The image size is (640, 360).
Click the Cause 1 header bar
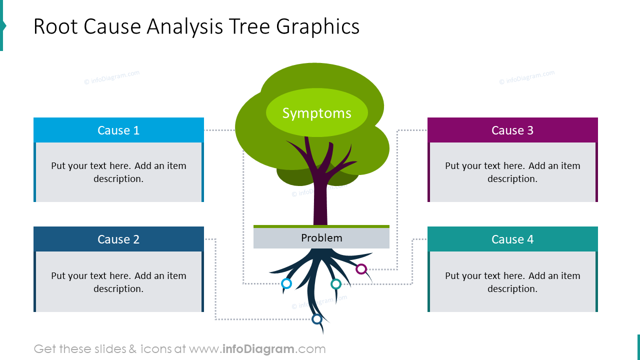(x=118, y=130)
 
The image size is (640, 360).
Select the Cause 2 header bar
(x=118, y=239)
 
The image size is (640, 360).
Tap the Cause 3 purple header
(x=512, y=130)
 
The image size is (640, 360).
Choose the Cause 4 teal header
(x=512, y=239)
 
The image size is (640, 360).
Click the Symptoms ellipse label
(x=317, y=113)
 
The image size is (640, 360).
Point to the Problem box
(x=321, y=238)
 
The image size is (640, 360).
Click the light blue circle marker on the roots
(x=286, y=283)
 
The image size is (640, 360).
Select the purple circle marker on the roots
(x=361, y=269)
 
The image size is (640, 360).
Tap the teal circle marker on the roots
(x=336, y=284)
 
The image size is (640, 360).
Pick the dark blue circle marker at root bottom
(x=316, y=318)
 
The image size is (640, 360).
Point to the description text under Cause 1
(x=118, y=172)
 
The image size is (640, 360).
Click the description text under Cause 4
(x=512, y=282)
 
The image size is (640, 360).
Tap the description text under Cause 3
(x=512, y=172)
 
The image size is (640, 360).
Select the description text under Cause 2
(x=118, y=282)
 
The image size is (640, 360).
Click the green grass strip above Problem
(x=321, y=226)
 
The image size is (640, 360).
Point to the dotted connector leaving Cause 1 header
(x=219, y=130)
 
